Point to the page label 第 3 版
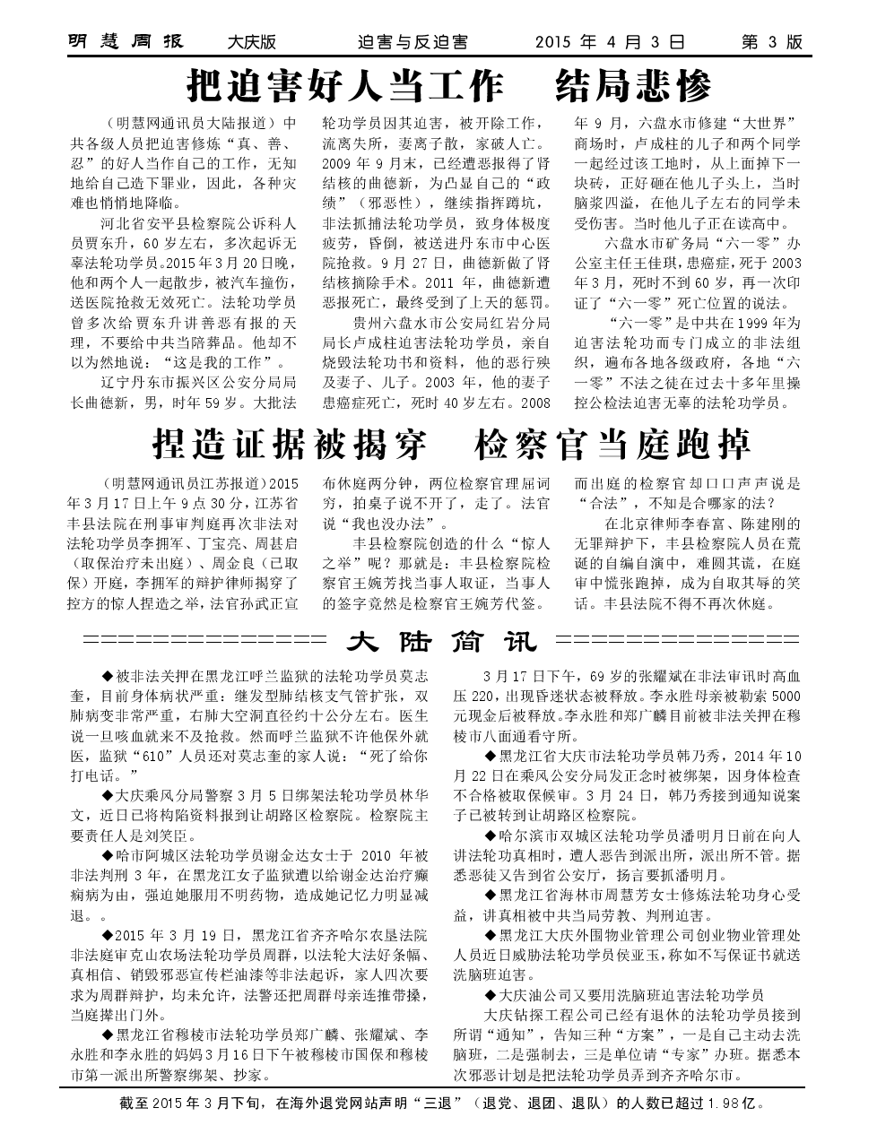point(772,43)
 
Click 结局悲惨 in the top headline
point(633,87)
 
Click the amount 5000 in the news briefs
point(785,695)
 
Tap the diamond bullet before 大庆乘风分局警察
point(109,794)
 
